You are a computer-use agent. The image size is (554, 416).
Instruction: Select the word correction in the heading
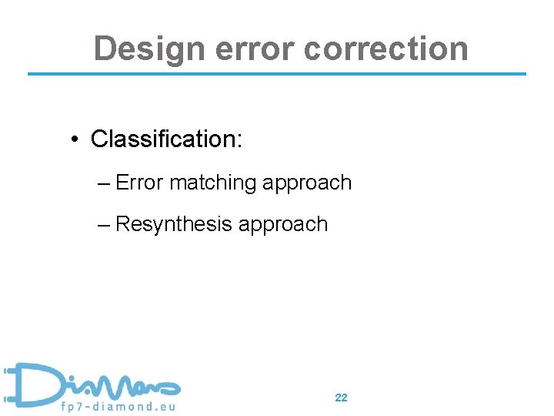[x=385, y=49]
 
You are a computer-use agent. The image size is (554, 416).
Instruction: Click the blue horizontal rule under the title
[x=277, y=74]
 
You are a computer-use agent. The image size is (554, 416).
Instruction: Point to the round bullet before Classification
[x=74, y=139]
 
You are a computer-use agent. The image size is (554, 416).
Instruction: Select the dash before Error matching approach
[x=105, y=183]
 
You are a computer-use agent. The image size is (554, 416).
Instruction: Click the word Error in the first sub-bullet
[x=139, y=183]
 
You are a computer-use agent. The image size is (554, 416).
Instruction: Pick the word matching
[x=212, y=183]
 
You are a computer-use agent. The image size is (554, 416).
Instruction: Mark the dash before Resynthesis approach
[x=105, y=225]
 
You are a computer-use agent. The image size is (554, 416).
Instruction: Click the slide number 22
[x=341, y=398]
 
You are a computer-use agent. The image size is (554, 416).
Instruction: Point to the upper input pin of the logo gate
[x=8, y=371]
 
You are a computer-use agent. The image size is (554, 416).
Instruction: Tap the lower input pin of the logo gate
[x=8, y=399]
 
